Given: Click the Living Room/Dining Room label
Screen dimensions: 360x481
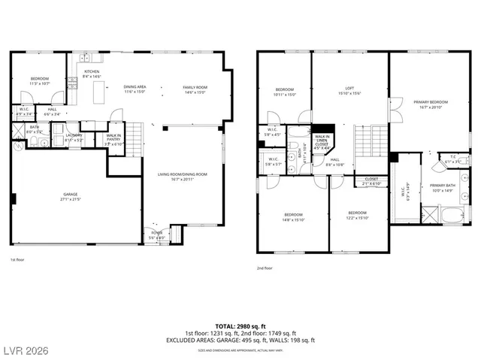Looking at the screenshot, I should pyautogui.click(x=183, y=177).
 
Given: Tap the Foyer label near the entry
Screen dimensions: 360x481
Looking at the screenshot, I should pyautogui.click(x=156, y=234).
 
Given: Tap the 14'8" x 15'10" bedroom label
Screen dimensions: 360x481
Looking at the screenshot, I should pyautogui.click(x=293, y=215).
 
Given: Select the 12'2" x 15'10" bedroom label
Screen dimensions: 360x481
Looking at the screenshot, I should pyautogui.click(x=357, y=215).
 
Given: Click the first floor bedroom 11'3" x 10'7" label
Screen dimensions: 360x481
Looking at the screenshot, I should pyautogui.click(x=39, y=80).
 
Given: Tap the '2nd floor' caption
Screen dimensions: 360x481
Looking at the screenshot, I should pyautogui.click(x=264, y=268).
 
